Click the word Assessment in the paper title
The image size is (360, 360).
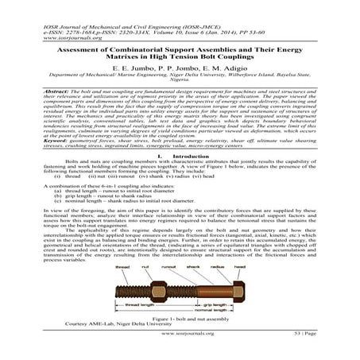click(x=69, y=46)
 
